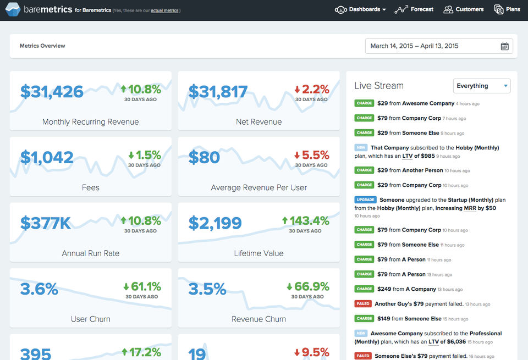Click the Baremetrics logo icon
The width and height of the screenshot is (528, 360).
(x=13, y=9)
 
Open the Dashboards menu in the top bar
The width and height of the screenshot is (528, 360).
(x=361, y=9)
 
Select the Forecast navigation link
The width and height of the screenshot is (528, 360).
(x=414, y=9)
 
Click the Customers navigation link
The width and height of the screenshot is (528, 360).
(x=463, y=9)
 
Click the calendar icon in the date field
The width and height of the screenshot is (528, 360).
(x=504, y=46)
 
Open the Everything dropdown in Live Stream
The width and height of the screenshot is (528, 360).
(x=482, y=86)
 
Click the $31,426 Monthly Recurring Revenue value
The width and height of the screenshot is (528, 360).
(x=52, y=91)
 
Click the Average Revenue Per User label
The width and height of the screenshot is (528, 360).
(x=258, y=187)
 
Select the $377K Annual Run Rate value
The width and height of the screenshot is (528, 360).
(x=46, y=223)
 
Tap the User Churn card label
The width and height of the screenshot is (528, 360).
(x=90, y=319)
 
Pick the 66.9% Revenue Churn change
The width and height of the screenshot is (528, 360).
(x=307, y=286)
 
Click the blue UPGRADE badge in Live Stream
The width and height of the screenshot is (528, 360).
(x=365, y=200)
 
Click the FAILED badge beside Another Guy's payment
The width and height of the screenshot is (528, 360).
(x=363, y=303)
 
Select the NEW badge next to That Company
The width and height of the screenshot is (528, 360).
(x=361, y=147)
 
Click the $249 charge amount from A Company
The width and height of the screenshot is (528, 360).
(x=383, y=289)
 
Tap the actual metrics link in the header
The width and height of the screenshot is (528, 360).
(x=164, y=10)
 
